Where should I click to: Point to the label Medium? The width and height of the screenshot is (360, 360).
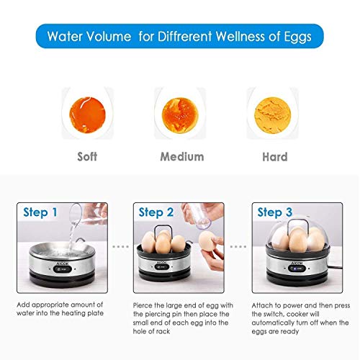pyautogui.click(x=181, y=156)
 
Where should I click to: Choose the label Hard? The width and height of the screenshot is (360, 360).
pyautogui.click(x=274, y=156)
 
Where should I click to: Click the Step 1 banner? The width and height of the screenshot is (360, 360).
pyautogui.click(x=41, y=212)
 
